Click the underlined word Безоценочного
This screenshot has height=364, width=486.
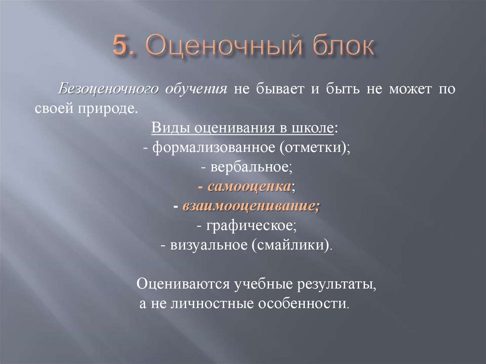click(x=108, y=90)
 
